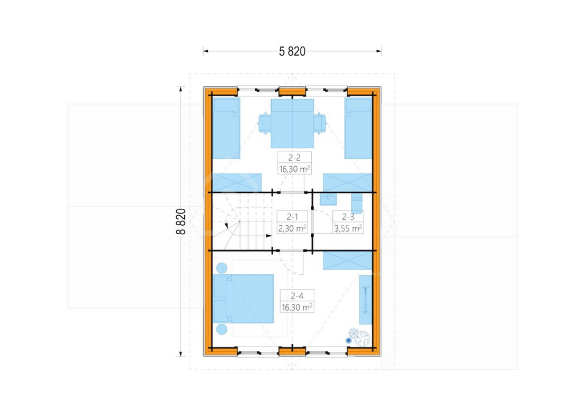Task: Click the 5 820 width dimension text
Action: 292,51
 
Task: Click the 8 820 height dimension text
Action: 180,222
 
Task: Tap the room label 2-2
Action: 294,158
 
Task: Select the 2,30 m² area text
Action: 292,228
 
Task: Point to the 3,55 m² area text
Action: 348,228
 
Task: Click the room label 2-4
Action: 297,296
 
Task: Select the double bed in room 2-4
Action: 243,299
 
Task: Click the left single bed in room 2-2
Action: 226,129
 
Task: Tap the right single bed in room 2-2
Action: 358,129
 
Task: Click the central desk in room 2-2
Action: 292,123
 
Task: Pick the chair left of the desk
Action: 264,123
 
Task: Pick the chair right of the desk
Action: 320,123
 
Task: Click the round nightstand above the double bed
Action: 222,268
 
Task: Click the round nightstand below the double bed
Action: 222,329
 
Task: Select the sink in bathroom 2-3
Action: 328,199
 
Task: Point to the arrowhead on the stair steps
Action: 269,236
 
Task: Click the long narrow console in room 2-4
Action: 366,300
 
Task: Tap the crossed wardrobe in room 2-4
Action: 348,261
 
